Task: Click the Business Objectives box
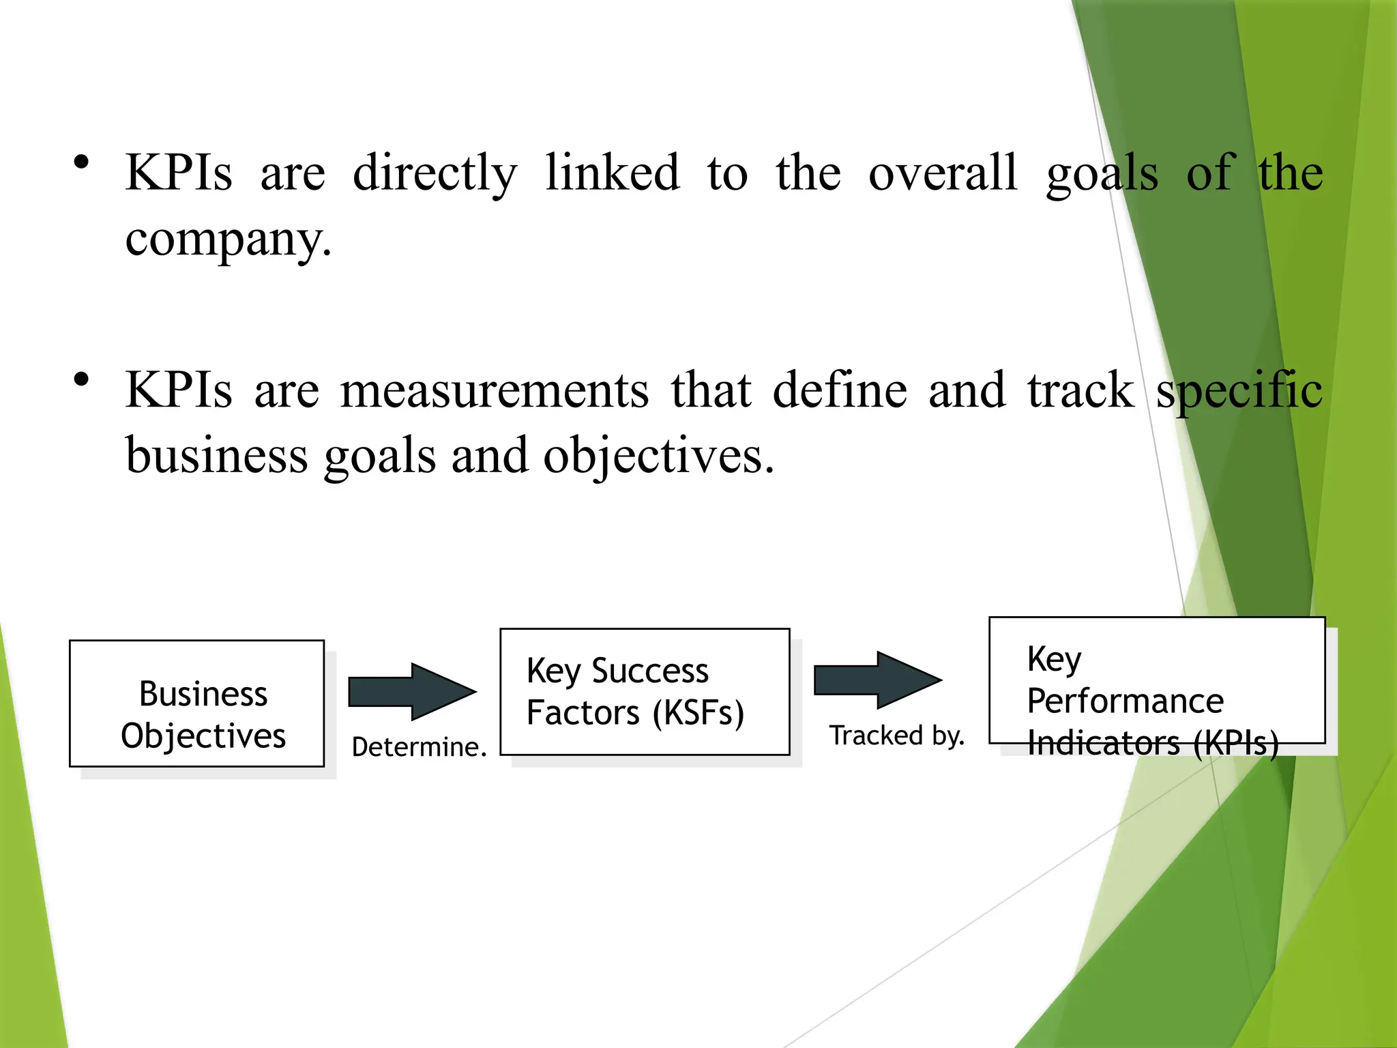coord(196,703)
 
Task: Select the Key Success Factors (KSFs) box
coord(645,691)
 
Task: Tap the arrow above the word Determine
coord(412,691)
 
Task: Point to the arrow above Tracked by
coord(878,680)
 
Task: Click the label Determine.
coord(419,746)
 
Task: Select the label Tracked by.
coord(896,736)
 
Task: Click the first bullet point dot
coord(82,162)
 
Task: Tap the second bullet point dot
coord(82,379)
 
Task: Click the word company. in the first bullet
coord(229,240)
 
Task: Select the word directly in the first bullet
coord(435,173)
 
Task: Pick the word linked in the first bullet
coord(612,172)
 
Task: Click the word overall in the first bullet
coord(942,172)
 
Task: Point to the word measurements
coord(495,390)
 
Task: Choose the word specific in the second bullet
coord(1239,390)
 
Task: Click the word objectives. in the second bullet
coord(658,456)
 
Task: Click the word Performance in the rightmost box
coord(1125,701)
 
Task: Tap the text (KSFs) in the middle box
coord(698,713)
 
